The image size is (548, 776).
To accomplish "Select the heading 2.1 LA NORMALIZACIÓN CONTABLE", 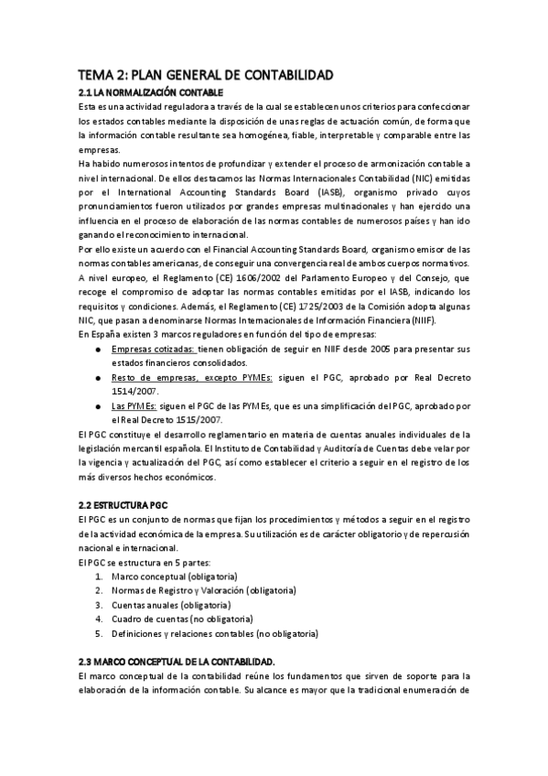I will coord(151,93).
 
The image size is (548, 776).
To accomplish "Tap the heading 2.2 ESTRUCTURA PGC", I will coord(124,505).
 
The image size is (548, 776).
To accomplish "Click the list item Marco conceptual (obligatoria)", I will coord(174,577).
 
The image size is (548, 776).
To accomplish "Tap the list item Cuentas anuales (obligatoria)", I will coord(171,605).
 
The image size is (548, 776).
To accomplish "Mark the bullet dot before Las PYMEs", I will coord(98,405).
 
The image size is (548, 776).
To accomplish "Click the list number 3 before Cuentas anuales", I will coord(98,605).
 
